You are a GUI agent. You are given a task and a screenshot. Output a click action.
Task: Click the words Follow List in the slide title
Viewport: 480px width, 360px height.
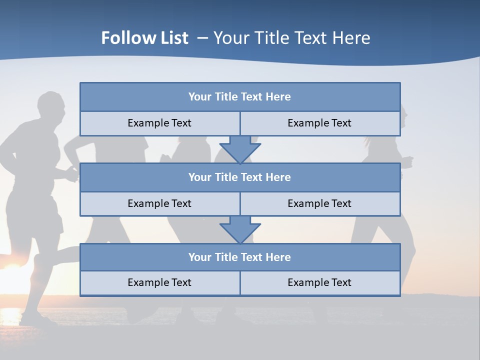(144, 38)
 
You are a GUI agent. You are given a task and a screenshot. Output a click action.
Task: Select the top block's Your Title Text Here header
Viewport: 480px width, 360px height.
(239, 97)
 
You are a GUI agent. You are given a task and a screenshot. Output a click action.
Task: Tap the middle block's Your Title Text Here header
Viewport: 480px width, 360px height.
(239, 177)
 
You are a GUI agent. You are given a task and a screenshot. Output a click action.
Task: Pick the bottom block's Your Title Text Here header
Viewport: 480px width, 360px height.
(239, 257)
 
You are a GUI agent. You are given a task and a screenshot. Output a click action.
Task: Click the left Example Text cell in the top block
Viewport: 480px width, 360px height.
(159, 123)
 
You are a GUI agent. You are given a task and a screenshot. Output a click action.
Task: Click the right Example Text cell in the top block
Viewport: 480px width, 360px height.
(319, 123)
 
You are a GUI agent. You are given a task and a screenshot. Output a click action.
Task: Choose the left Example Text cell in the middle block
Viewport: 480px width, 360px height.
(159, 203)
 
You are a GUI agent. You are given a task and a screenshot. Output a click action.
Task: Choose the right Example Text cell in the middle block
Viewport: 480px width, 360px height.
(319, 203)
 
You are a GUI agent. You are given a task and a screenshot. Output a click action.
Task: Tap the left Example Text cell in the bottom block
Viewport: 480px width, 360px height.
(159, 282)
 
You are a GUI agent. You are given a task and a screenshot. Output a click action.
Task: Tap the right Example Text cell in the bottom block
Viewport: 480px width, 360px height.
(319, 282)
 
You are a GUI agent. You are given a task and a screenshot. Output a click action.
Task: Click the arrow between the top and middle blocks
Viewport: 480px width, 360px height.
(240, 149)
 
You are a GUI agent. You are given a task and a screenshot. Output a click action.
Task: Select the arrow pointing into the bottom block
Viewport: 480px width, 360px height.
(240, 229)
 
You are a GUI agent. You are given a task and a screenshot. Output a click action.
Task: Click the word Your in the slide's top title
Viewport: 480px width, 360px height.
(230, 38)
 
